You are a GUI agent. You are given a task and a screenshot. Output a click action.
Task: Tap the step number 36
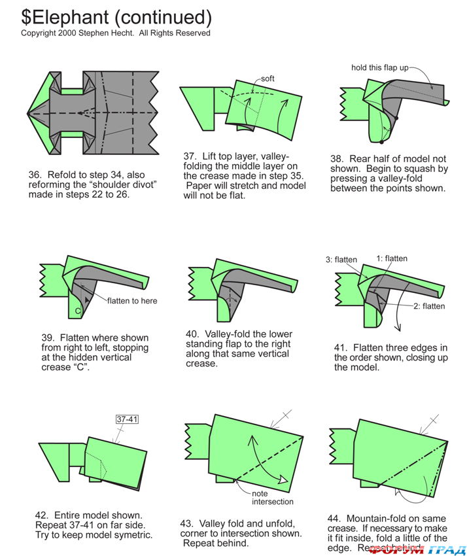(34, 175)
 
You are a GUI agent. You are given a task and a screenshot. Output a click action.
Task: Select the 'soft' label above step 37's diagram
(268, 78)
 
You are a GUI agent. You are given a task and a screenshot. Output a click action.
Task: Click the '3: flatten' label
(341, 259)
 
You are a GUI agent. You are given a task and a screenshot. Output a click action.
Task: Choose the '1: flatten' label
(392, 258)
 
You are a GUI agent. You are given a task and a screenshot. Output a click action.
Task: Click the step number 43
(187, 523)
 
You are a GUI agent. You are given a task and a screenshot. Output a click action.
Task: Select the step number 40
(192, 334)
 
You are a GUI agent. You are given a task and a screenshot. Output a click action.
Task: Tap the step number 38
(338, 159)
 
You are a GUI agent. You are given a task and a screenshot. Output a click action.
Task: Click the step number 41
(341, 347)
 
